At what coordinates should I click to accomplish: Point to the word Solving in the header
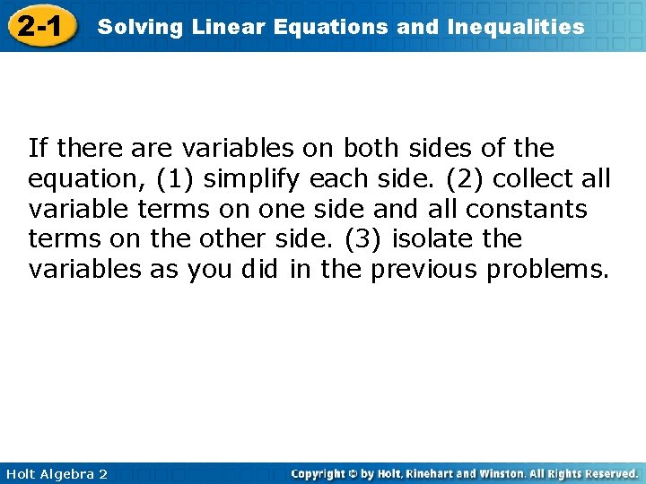pos(129,27)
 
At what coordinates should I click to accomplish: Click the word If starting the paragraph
pos(38,148)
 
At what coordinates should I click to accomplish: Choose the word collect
pos(535,179)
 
